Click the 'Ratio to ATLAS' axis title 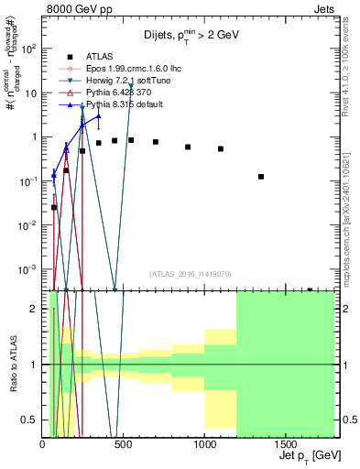pos(13,365)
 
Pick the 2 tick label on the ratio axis pos(35,310)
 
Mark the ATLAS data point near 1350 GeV pos(261,177)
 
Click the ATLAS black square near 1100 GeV pos(221,148)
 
